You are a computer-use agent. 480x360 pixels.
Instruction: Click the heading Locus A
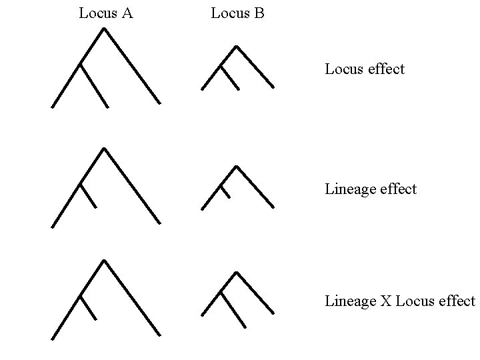(105, 13)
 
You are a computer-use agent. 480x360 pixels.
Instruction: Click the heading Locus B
(237, 13)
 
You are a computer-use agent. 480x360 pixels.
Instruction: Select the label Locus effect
(365, 69)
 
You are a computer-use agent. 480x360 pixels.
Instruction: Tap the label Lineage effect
(371, 189)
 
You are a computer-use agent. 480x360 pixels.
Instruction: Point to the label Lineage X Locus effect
(400, 301)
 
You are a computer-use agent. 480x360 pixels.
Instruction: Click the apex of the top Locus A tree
(104, 29)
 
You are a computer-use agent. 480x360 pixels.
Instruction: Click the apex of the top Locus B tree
(236, 47)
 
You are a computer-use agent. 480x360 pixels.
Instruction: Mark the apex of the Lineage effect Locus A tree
(104, 149)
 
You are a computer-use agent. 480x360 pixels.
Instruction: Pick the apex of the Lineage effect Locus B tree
(237, 167)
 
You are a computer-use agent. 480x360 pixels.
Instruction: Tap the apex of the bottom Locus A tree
(104, 261)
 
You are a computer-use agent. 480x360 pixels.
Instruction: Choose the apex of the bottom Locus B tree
(237, 273)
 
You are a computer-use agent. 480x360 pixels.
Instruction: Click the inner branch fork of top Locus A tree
(81, 65)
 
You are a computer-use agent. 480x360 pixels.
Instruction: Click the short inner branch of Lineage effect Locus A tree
(89, 195)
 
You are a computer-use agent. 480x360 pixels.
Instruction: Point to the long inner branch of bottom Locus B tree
(233, 309)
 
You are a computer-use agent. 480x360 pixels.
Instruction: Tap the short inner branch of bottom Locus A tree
(89, 307)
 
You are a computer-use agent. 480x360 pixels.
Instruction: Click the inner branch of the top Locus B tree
(230, 77)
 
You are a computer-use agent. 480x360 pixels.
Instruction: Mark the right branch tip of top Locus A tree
(159, 103)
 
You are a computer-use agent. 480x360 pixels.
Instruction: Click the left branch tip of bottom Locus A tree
(53, 339)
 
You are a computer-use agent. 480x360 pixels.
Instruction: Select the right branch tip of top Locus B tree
(273, 87)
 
